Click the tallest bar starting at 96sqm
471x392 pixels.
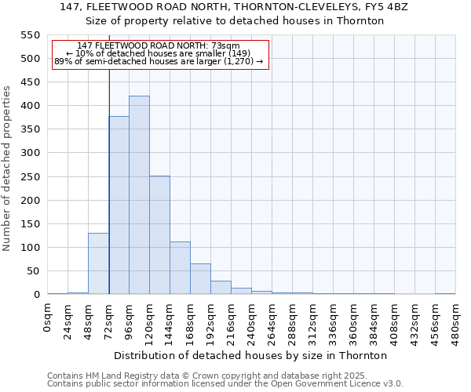139,195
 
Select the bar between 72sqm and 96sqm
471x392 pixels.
119,205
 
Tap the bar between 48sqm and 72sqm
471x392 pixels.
98,263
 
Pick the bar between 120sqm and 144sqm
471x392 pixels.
159,235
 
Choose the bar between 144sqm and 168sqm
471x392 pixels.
180,268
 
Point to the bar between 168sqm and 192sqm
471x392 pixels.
200,279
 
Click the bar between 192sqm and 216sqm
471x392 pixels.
221,288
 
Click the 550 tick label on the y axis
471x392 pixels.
29,35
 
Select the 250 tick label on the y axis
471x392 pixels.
29,177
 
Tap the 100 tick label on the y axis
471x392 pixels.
29,248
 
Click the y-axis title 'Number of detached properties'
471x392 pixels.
8,169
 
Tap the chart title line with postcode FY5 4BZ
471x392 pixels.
234,7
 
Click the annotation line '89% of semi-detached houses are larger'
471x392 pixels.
159,61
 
